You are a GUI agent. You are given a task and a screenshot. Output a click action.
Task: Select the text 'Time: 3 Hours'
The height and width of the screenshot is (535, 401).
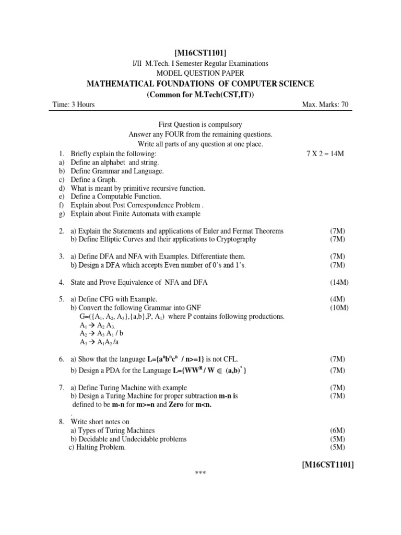74,105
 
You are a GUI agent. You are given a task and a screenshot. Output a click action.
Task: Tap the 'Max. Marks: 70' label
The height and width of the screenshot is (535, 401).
325,105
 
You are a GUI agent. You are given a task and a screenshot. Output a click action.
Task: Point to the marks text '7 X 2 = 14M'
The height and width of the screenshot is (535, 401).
325,155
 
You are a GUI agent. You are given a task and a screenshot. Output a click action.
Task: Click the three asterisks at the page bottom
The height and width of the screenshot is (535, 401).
200,474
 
